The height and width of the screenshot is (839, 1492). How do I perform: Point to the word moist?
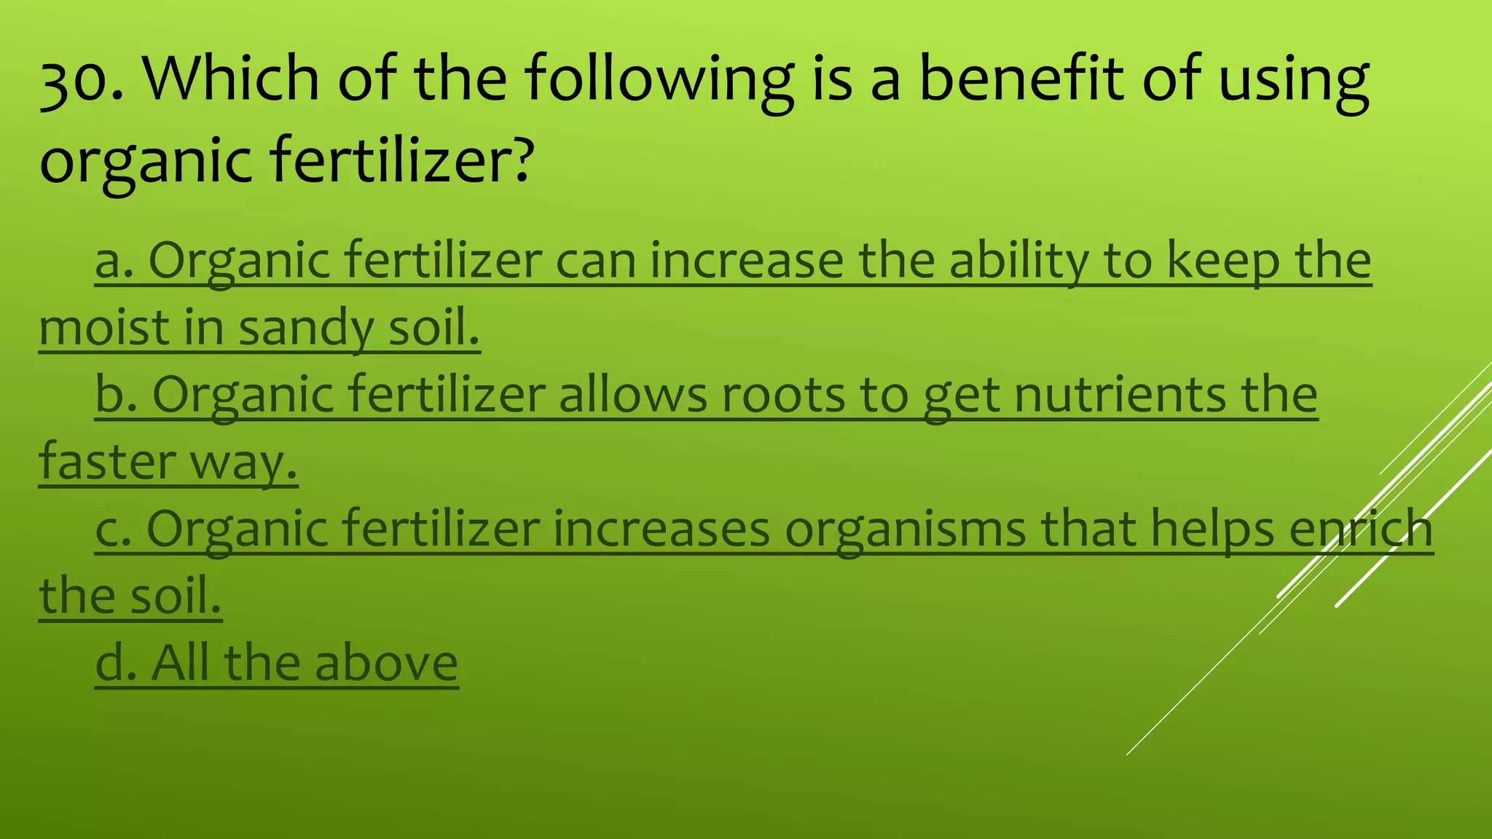click(x=105, y=328)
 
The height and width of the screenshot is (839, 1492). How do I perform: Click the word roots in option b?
click(x=783, y=395)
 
